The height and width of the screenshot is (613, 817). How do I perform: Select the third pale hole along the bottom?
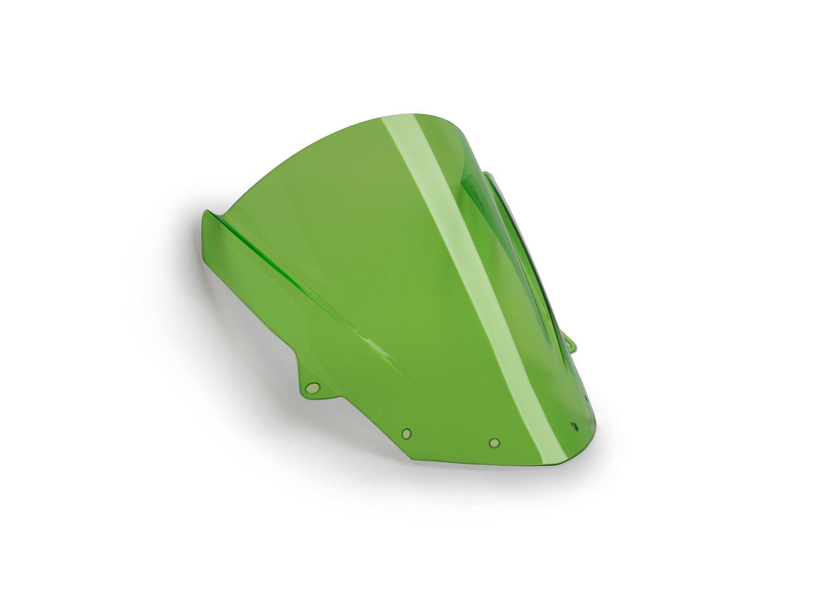click(494, 442)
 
